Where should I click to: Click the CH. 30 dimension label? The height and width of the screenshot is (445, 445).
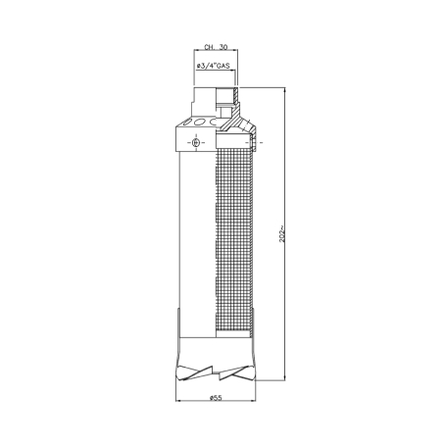pyautogui.click(x=216, y=47)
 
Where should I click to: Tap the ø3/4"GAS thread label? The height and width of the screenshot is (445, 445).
pyautogui.click(x=213, y=66)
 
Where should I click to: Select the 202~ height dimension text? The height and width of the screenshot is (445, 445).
pyautogui.click(x=282, y=233)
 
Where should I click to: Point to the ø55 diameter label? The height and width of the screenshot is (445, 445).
pyautogui.click(x=216, y=398)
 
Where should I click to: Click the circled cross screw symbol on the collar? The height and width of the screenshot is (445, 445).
pyautogui.click(x=196, y=142)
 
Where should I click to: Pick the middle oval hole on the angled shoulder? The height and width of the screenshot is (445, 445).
pyautogui.click(x=198, y=123)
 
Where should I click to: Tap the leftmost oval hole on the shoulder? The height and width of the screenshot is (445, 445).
pyautogui.click(x=185, y=124)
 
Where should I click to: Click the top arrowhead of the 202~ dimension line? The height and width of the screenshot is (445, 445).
pyautogui.click(x=284, y=90)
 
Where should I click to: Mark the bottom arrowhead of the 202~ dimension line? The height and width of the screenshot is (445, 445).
pyautogui.click(x=284, y=377)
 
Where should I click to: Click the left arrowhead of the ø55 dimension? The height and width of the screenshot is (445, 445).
pyautogui.click(x=178, y=401)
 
